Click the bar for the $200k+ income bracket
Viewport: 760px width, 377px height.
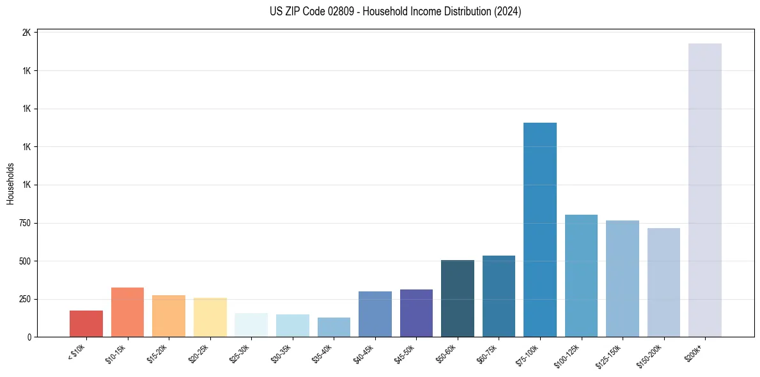pyautogui.click(x=704, y=190)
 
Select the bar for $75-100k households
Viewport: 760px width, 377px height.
pyautogui.click(x=539, y=229)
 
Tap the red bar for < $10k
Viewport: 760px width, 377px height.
pyautogui.click(x=86, y=323)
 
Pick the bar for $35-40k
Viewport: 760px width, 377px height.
pyautogui.click(x=334, y=327)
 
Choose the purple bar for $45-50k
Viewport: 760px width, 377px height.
pyautogui.click(x=416, y=313)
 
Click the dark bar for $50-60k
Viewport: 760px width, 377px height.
pyautogui.click(x=458, y=298)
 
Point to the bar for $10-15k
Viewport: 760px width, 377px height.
pyautogui.click(x=127, y=312)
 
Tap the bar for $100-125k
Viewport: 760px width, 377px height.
pyautogui.click(x=581, y=275)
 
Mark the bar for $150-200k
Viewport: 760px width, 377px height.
pyautogui.click(x=663, y=282)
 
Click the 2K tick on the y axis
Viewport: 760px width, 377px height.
pyautogui.click(x=27, y=33)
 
